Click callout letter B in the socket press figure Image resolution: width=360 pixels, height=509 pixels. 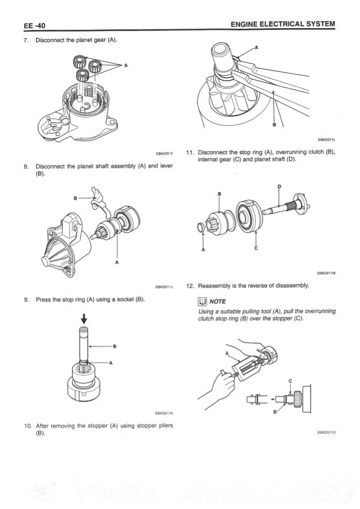coord(113,346)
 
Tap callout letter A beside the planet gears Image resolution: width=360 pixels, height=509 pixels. coord(125,65)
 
